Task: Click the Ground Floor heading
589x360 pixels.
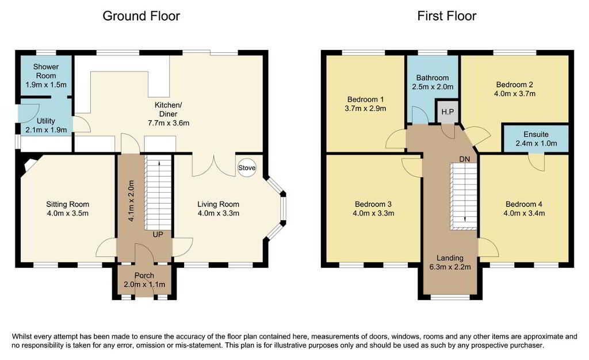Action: tap(141, 16)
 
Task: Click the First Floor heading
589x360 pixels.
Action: tap(446, 16)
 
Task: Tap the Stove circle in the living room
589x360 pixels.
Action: tap(247, 168)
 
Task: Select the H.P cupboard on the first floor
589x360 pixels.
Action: tap(448, 112)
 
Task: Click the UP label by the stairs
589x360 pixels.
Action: tap(158, 235)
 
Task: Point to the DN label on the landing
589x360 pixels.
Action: tap(465, 159)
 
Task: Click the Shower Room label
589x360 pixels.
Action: tap(46, 71)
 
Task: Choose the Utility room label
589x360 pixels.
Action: tap(46, 121)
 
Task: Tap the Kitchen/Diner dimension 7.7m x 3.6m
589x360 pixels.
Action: tap(169, 122)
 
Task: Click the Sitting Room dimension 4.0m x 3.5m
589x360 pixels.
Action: tap(68, 213)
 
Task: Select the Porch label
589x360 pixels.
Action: tap(144, 275)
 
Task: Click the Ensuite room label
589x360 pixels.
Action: tap(536, 134)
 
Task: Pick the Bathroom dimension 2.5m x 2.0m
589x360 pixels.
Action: tap(433, 87)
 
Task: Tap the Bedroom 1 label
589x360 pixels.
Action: tap(365, 99)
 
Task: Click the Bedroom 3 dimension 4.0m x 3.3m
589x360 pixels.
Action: tap(373, 213)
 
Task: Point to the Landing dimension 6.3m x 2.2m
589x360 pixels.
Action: tap(450, 267)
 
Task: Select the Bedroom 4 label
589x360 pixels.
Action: tap(524, 204)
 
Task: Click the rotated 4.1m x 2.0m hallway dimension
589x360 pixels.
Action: tap(131, 201)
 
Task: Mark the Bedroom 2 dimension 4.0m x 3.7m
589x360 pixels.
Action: tap(515, 94)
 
